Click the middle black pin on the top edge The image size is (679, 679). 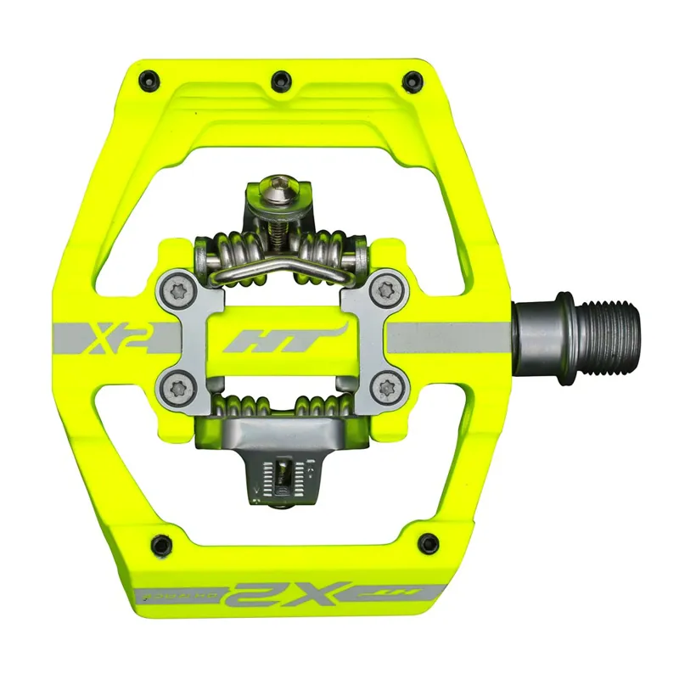tap(280, 81)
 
